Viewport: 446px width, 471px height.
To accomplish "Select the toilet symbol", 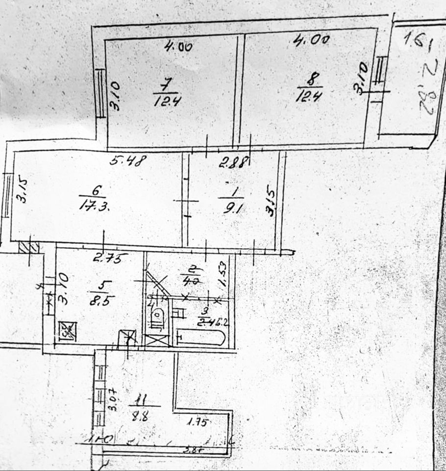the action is (x=158, y=317).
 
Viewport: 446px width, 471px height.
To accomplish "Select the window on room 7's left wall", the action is (x=100, y=93).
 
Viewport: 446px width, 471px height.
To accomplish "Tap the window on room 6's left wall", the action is (x=8, y=194).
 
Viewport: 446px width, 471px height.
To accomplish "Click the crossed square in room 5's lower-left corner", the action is (x=68, y=330).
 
